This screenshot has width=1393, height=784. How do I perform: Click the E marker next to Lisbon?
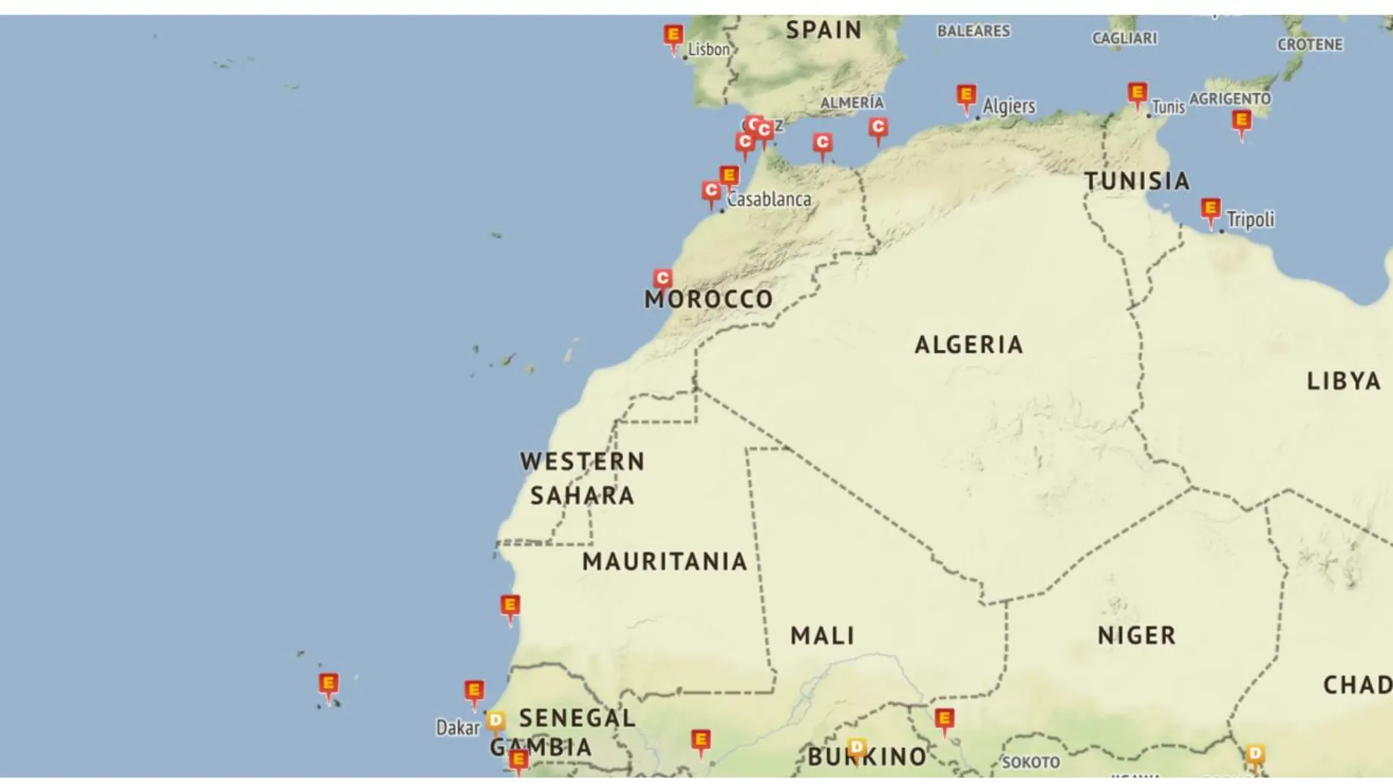673,36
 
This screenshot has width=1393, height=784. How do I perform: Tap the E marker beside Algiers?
966,96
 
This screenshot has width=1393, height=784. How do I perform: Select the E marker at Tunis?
1137,94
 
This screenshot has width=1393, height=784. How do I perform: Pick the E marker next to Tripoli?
1210,209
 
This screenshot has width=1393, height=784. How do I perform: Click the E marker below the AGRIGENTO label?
1241,121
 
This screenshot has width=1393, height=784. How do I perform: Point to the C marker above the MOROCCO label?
663,278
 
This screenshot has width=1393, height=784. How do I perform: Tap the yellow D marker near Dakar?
496,720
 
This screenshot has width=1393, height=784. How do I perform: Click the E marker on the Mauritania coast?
510,607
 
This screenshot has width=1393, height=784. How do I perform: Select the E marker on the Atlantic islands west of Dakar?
328,684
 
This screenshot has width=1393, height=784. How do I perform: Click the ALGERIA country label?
969,345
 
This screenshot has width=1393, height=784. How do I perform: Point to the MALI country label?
823,635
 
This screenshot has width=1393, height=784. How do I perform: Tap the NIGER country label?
1136,635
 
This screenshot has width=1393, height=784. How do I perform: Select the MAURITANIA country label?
664,562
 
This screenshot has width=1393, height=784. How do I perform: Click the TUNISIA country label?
1136,181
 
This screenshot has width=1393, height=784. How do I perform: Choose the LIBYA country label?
1343,381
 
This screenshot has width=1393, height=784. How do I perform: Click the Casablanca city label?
770,199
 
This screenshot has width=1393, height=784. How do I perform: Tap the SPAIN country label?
824,30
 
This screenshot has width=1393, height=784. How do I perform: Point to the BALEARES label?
974,31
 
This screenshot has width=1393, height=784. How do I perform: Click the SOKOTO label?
1031,763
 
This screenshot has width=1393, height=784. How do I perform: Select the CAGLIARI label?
1125,38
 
